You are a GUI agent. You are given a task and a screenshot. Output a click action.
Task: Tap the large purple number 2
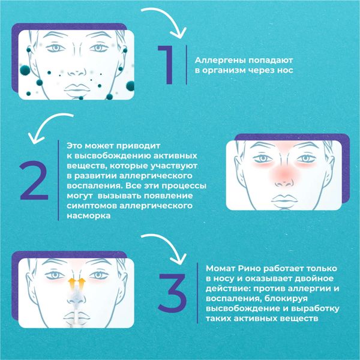pyautogui.click(x=34, y=181)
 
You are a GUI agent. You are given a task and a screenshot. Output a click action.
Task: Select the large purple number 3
pyautogui.click(x=173, y=293)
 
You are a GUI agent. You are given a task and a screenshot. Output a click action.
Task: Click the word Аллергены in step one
pyautogui.click(x=220, y=61)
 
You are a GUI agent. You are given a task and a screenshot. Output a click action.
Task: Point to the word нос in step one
pyautogui.click(x=285, y=70)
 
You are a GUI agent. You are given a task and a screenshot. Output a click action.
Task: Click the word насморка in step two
pyautogui.click(x=89, y=216)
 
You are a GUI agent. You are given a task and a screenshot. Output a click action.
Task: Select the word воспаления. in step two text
pyautogui.click(x=94, y=186)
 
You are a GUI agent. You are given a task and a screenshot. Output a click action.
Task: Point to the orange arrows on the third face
pyautogui.click(x=76, y=283)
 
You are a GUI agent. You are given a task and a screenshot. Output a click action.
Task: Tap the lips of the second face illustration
pyautogui.click(x=284, y=199)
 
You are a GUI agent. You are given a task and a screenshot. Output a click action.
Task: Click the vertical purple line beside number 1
pyautogui.click(x=186, y=65)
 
